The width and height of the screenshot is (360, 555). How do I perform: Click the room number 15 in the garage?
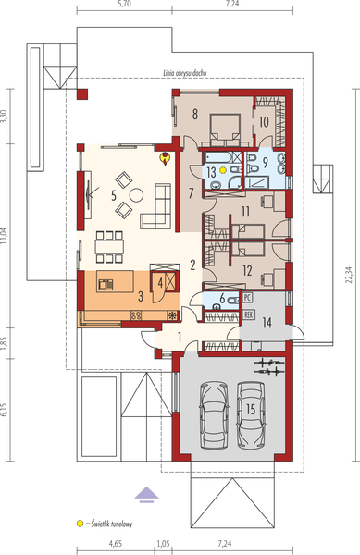point(251,410)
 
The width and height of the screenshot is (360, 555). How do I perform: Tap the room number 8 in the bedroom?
point(195,115)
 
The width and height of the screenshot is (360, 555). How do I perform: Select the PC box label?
point(247,297)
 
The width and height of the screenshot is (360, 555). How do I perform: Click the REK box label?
point(249,314)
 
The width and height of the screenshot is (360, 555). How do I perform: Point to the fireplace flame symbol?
point(165,158)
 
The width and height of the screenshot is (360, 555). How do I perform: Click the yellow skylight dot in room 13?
point(223,170)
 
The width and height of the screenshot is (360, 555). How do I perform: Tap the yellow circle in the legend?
point(81,523)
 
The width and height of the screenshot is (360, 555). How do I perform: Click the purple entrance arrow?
point(146,495)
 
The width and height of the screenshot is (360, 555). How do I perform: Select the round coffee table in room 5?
point(136,194)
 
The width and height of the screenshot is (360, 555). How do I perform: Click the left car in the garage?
point(214,414)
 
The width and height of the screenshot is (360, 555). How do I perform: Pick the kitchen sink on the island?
point(106,284)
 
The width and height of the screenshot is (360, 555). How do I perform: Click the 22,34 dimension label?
point(350,275)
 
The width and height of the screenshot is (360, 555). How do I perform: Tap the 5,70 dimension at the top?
point(124,4)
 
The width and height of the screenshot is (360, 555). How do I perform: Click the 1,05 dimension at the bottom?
point(163,543)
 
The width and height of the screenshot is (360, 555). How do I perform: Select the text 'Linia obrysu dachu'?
point(185,73)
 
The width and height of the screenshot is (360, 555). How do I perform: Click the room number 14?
point(267,323)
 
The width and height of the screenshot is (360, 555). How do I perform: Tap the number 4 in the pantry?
point(160,284)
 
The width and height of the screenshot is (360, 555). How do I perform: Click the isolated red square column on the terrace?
point(82,94)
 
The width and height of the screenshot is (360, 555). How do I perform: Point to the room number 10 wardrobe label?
point(264,122)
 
